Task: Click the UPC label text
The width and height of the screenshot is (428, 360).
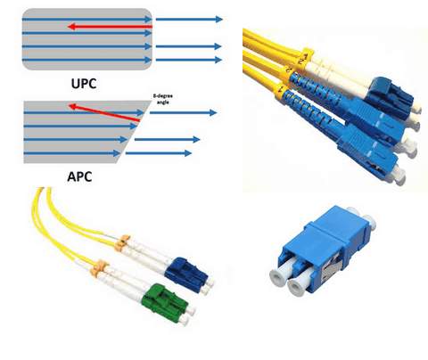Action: (84, 84)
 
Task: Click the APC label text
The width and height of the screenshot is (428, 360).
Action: (79, 176)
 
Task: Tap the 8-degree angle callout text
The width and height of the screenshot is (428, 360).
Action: (163, 99)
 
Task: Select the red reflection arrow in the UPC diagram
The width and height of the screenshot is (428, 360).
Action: (110, 27)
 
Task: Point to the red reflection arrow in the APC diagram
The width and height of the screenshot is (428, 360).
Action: (104, 112)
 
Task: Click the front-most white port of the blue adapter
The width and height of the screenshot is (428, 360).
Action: (296, 288)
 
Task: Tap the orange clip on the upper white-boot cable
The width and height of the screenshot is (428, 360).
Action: (123, 241)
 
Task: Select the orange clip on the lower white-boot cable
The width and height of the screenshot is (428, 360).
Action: (100, 266)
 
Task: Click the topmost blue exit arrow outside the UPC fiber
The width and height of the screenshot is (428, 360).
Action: (189, 20)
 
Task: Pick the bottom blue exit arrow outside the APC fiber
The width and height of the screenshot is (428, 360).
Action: (159, 153)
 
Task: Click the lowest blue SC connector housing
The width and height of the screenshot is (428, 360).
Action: (368, 149)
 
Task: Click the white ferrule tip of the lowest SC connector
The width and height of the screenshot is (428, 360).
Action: (399, 176)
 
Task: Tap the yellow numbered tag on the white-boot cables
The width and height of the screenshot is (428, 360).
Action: (305, 58)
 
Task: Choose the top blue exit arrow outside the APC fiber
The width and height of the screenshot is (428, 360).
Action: (183, 113)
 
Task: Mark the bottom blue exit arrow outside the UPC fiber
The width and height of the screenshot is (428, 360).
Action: (189, 60)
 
